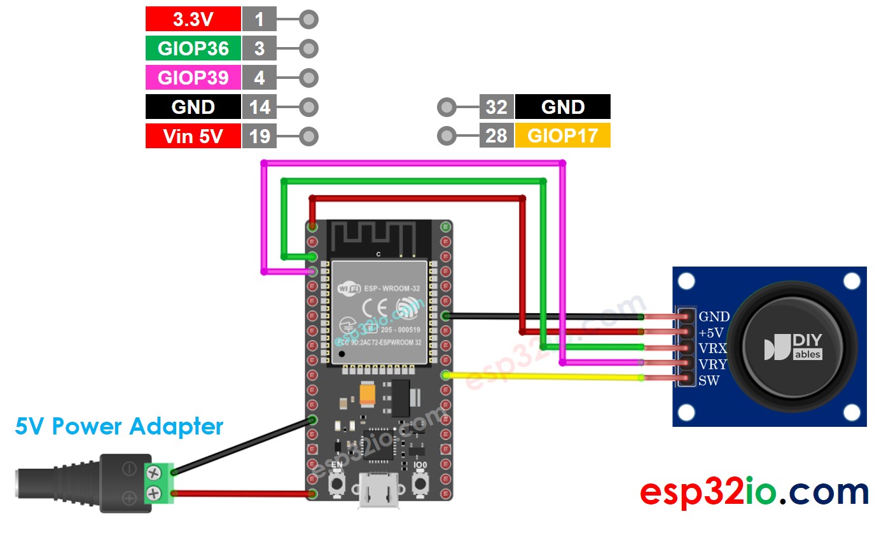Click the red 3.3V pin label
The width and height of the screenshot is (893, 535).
click(193, 19)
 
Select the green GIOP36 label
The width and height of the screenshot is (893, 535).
click(193, 48)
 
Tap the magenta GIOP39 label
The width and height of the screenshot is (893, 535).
click(193, 78)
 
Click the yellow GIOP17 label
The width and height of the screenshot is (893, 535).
click(562, 135)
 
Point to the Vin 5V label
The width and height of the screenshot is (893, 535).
click(193, 136)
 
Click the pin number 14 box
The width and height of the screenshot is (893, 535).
click(260, 107)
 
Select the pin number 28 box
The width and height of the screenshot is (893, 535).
click(496, 135)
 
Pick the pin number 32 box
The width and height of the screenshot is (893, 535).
click(496, 107)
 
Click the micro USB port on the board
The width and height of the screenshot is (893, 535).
click(378, 493)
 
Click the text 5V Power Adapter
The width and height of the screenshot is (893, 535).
click(119, 426)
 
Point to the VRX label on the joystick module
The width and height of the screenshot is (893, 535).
click(712, 349)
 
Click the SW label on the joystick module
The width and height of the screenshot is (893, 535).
click(709, 381)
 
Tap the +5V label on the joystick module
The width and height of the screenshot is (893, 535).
click(711, 333)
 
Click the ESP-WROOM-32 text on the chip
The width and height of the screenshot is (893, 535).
click(391, 288)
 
